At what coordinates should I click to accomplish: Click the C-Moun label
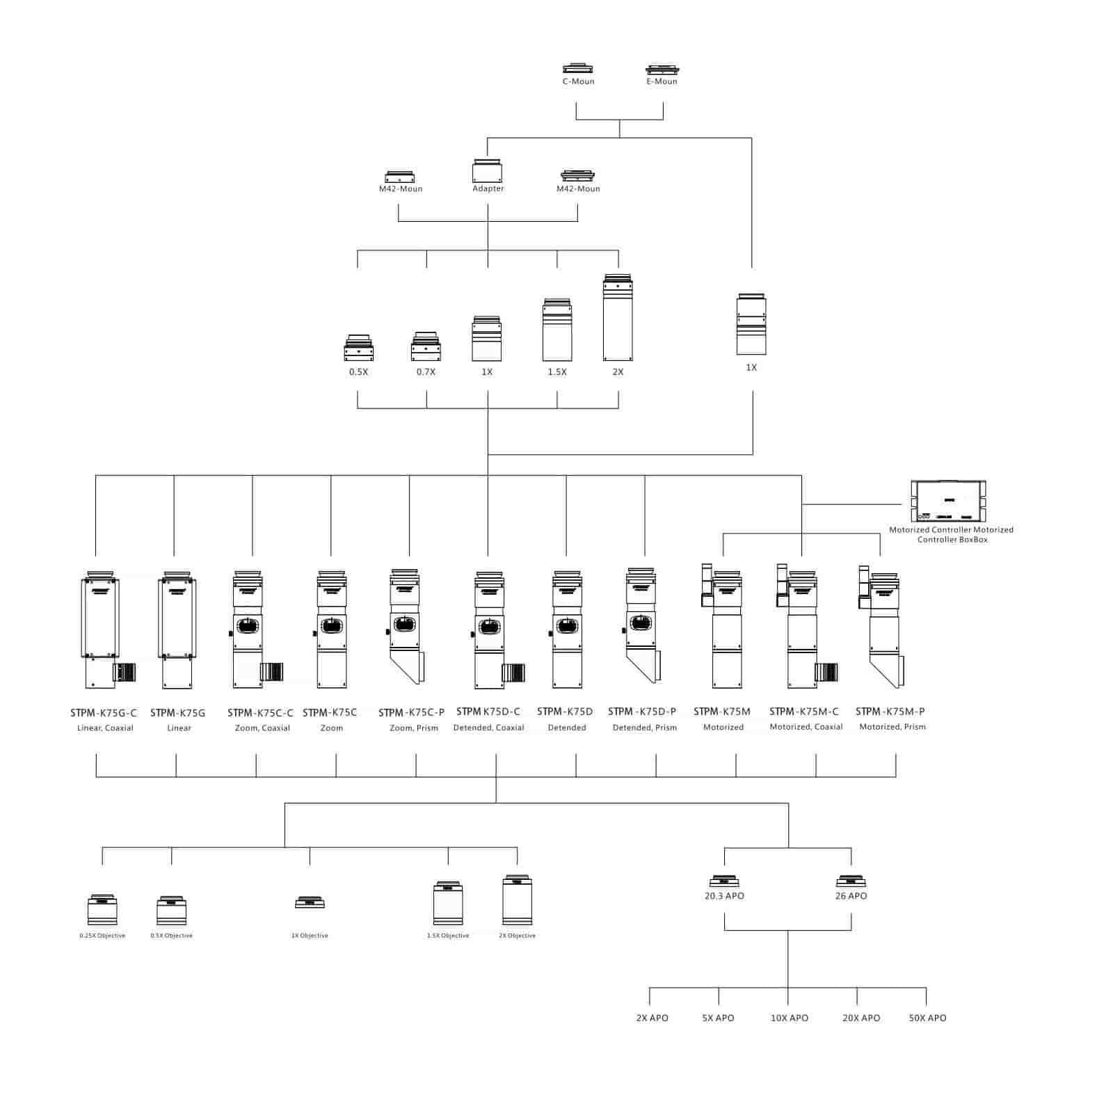tap(578, 81)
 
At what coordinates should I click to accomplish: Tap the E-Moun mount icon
tap(662, 70)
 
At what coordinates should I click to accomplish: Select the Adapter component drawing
tap(487, 171)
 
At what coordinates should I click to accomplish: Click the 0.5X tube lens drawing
tap(358, 348)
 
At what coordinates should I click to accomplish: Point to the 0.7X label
tap(426, 372)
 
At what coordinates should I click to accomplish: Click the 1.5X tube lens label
tap(556, 372)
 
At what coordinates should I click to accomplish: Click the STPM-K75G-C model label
tap(104, 713)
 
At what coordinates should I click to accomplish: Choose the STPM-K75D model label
tap(565, 712)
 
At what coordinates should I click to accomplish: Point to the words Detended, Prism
tap(644, 728)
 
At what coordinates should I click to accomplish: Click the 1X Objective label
tap(310, 936)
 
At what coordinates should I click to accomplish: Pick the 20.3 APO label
tap(724, 896)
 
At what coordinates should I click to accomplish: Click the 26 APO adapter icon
tap(851, 881)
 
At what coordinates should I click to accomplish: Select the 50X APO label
tap(927, 1018)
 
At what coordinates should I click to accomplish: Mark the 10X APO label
tap(789, 1018)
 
